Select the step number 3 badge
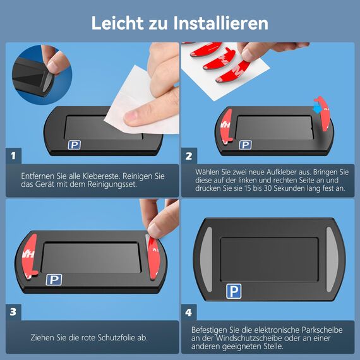[x=13, y=311]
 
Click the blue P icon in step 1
[x=75, y=145]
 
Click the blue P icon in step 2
[x=246, y=145]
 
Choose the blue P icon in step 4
[x=234, y=291]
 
